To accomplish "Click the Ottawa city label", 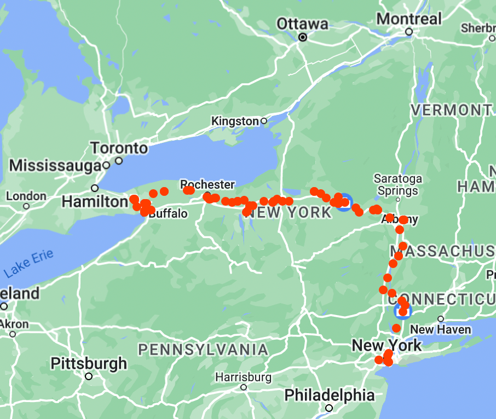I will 302,24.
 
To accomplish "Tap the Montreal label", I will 409,19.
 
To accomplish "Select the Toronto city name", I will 119,148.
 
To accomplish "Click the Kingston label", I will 235,121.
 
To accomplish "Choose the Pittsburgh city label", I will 88,363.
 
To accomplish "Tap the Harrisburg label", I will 243,377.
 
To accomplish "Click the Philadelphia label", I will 330,395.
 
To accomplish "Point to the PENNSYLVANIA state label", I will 203,350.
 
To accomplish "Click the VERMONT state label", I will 451,110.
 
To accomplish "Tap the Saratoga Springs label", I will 397,185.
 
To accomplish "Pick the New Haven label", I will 440,329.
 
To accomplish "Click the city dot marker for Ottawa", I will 302,37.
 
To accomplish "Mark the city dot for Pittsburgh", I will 89,376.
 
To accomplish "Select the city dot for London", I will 26,206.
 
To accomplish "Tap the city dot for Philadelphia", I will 329,408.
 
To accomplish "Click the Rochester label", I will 207,185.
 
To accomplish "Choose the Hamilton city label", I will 94,202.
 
